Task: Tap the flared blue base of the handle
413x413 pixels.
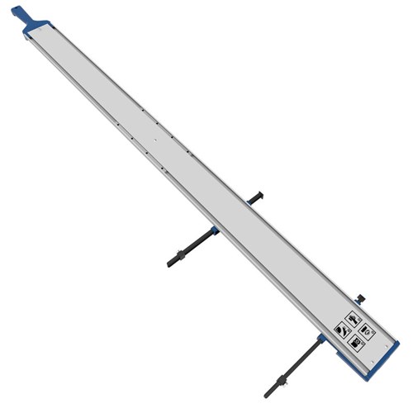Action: click(31, 31)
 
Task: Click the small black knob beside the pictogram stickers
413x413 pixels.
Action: click(361, 296)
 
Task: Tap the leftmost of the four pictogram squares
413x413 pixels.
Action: click(340, 329)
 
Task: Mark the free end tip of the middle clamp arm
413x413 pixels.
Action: click(168, 263)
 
